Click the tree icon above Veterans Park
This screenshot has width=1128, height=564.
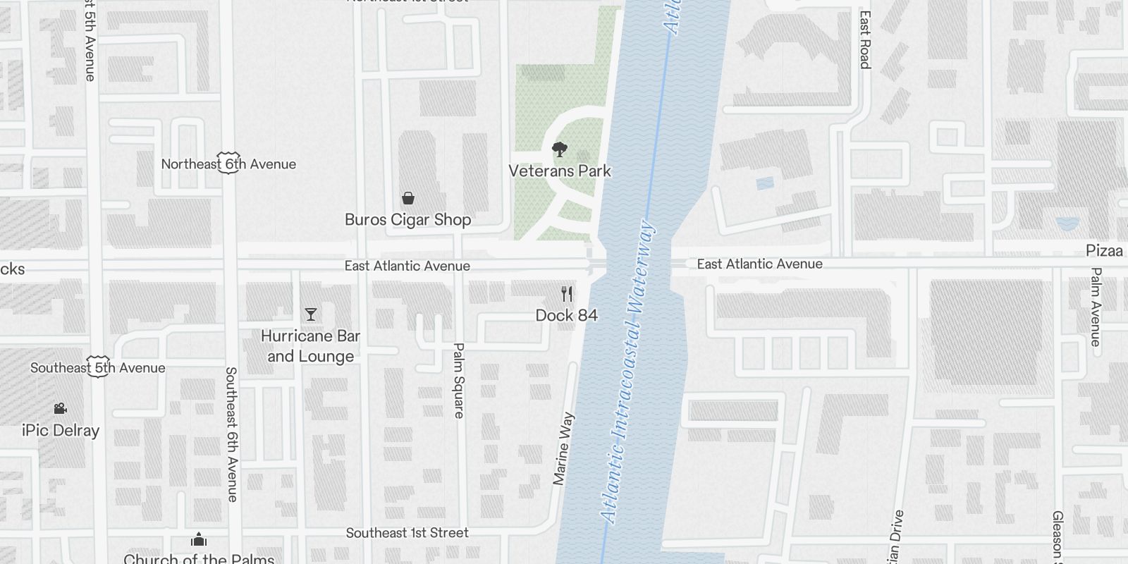(560, 149)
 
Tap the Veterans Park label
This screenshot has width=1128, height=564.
(560, 171)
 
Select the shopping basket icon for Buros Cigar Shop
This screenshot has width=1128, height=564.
(407, 198)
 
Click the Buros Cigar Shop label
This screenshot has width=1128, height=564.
(407, 220)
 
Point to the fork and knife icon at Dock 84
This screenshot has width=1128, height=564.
(567, 294)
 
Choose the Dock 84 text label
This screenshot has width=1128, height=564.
(567, 315)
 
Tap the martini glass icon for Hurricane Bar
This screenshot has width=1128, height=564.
(310, 314)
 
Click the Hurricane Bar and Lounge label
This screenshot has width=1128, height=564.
(310, 346)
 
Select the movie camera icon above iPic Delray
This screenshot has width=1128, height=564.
(60, 409)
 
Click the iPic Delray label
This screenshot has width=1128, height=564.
(61, 431)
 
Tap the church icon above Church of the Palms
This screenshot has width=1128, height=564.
(199, 540)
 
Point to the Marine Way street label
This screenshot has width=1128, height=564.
(563, 449)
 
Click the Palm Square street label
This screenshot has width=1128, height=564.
(459, 381)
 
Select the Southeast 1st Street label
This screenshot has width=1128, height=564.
(407, 533)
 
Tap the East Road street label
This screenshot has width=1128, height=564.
(865, 39)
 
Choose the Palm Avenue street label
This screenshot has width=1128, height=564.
(1096, 307)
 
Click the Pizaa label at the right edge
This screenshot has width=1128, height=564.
(1104, 251)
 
